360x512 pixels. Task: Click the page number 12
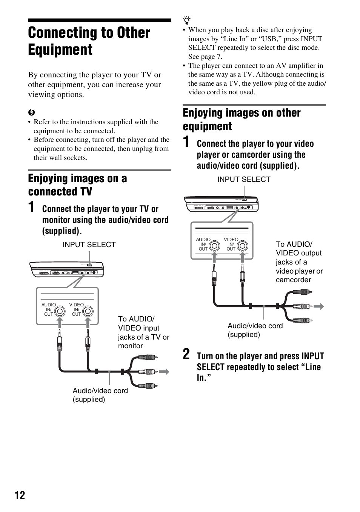pyautogui.click(x=20, y=495)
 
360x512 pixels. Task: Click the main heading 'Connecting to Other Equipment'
pyautogui.click(x=89, y=41)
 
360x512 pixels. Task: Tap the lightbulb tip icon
pyautogui.click(x=186, y=21)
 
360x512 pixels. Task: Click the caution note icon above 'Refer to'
pyautogui.click(x=31, y=112)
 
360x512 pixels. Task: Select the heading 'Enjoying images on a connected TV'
pyautogui.click(x=77, y=185)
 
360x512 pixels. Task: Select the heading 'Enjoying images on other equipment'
pyautogui.click(x=242, y=119)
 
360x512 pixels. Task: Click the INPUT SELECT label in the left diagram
pyautogui.click(x=89, y=244)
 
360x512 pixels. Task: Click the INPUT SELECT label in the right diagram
pyautogui.click(x=244, y=179)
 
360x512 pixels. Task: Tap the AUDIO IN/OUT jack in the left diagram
pyautogui.click(x=60, y=311)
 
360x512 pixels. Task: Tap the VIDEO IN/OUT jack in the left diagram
pyautogui.click(x=88, y=311)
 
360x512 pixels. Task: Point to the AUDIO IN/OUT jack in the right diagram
pyautogui.click(x=215, y=246)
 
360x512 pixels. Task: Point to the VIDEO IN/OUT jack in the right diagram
pyautogui.click(x=243, y=246)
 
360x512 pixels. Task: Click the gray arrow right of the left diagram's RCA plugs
pyautogui.click(x=164, y=372)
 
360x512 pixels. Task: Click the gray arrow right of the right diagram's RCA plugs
pyautogui.click(x=319, y=306)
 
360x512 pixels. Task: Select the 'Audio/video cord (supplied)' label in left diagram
pyautogui.click(x=100, y=395)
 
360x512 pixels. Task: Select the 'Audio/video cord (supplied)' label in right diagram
pyautogui.click(x=255, y=330)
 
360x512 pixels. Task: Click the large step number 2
pyautogui.click(x=186, y=355)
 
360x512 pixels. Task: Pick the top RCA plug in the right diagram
pyautogui.click(x=302, y=292)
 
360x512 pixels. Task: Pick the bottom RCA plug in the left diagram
pyautogui.click(x=147, y=386)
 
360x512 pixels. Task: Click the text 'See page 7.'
pyautogui.click(x=205, y=57)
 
